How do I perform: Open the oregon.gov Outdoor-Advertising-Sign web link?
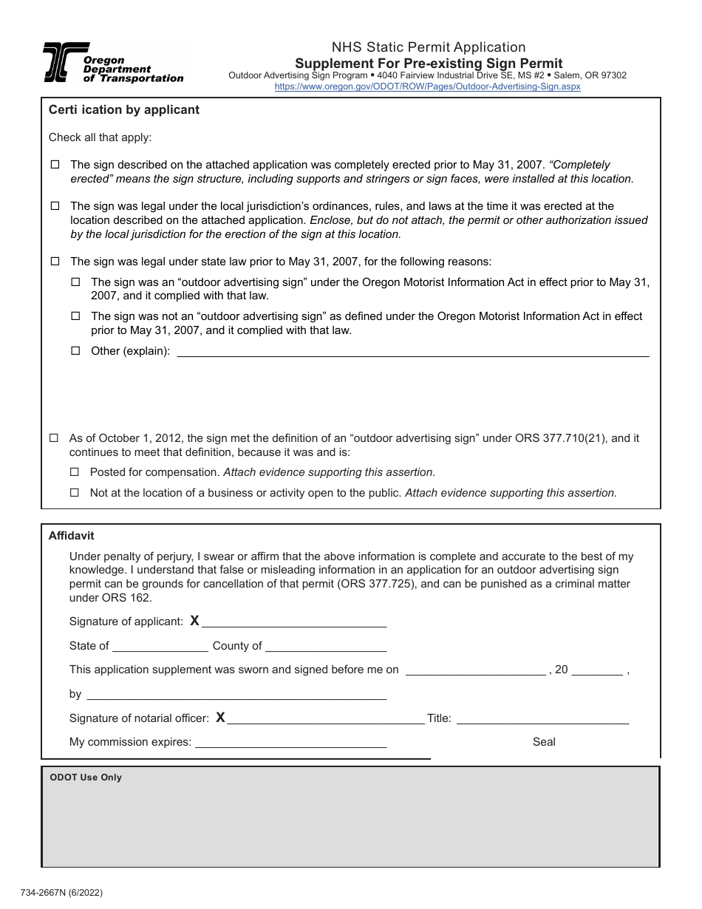click(x=427, y=86)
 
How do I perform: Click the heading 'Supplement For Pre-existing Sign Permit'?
click(x=429, y=64)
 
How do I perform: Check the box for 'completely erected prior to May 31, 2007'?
click(x=55, y=165)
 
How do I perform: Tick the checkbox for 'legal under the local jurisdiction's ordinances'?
click(x=55, y=206)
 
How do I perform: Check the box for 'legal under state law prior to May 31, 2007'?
click(x=55, y=262)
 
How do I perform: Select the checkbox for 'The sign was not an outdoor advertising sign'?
click(x=75, y=316)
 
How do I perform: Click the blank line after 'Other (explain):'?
click(x=414, y=352)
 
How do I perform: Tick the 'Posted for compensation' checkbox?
click(x=75, y=472)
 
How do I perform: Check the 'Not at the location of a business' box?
click(x=75, y=493)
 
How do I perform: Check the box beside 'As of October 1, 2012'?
click(x=54, y=438)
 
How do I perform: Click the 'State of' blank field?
click(x=160, y=647)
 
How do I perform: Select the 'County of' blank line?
click(x=325, y=647)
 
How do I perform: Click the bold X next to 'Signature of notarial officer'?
click(x=220, y=718)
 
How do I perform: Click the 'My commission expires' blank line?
click(x=290, y=743)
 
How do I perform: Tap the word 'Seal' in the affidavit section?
click(x=544, y=742)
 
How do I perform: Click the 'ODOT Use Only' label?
click(x=86, y=777)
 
